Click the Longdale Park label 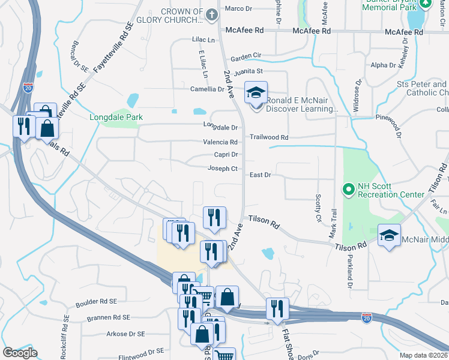click(x=116, y=118)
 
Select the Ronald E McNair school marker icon click(x=256, y=94)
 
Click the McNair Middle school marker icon click(x=389, y=236)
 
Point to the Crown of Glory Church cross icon click(x=211, y=14)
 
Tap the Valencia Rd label click(x=220, y=142)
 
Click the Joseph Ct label click(x=223, y=169)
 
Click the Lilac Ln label click(x=203, y=39)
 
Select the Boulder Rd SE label click(x=97, y=302)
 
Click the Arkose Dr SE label click(x=125, y=334)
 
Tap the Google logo click(x=20, y=353)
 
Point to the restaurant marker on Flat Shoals click(x=277, y=309)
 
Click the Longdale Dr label click(x=221, y=127)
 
